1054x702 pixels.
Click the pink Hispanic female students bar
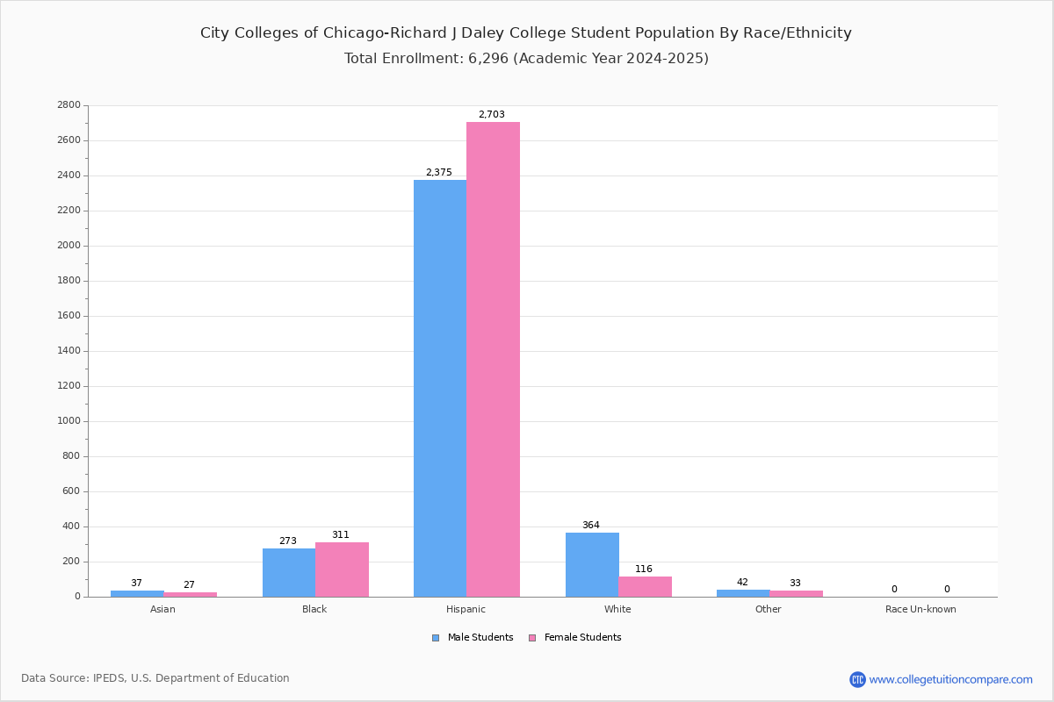tap(493, 359)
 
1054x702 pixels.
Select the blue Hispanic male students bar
tap(440, 389)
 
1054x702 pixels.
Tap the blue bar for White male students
tap(592, 565)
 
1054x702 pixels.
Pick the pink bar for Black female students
tap(342, 569)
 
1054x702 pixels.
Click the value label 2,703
tap(492, 114)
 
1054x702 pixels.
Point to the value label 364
tap(591, 525)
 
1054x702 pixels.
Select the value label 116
tap(644, 569)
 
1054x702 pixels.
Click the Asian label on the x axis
tap(162, 609)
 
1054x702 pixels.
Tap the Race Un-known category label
tap(920, 609)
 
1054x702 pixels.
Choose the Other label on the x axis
tap(768, 609)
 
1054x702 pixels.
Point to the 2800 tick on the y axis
tap(69, 104)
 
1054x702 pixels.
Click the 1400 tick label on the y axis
tap(69, 351)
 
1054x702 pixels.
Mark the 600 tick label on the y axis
tap(71, 491)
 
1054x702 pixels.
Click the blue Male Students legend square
tap(436, 638)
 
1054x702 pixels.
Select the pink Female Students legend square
tap(532, 638)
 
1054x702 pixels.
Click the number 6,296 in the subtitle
tap(488, 58)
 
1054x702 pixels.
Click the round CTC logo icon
tap(857, 679)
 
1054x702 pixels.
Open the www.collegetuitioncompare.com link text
tap(951, 679)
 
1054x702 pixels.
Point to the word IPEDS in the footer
tap(109, 678)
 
